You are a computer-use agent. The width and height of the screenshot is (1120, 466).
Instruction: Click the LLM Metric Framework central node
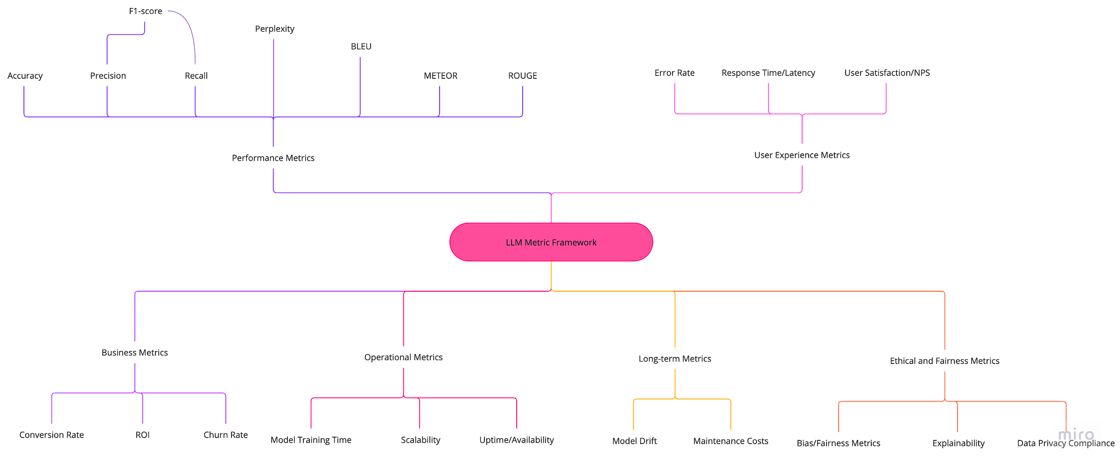551,242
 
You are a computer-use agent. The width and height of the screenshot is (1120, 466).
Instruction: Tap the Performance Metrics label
273,158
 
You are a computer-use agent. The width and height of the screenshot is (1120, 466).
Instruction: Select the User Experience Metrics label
802,155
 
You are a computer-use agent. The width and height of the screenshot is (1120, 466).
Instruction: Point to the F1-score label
146,11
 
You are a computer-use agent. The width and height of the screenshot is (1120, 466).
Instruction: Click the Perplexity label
274,29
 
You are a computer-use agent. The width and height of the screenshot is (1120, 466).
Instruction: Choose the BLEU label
361,47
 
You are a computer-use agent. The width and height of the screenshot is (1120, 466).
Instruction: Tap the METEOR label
440,75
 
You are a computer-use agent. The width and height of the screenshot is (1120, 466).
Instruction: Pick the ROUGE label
522,75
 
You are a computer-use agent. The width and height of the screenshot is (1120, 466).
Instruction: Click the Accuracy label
25,75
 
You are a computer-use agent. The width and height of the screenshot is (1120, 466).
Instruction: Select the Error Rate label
674,73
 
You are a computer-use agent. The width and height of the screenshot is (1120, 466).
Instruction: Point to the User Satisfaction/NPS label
887,73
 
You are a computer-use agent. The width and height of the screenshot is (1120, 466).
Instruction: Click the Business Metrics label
134,353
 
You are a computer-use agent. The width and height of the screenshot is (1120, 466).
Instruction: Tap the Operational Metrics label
403,357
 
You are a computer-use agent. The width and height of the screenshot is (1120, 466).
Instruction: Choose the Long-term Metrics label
675,359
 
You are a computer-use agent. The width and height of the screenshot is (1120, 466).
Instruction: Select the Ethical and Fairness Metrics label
945,361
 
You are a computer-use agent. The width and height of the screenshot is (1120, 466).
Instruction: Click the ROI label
142,435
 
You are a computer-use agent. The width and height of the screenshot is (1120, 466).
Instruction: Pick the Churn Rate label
225,435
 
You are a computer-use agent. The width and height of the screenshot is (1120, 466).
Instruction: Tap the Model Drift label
634,441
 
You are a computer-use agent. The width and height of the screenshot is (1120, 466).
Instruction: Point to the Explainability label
958,443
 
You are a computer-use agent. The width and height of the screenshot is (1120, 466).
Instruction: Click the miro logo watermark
1076,433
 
